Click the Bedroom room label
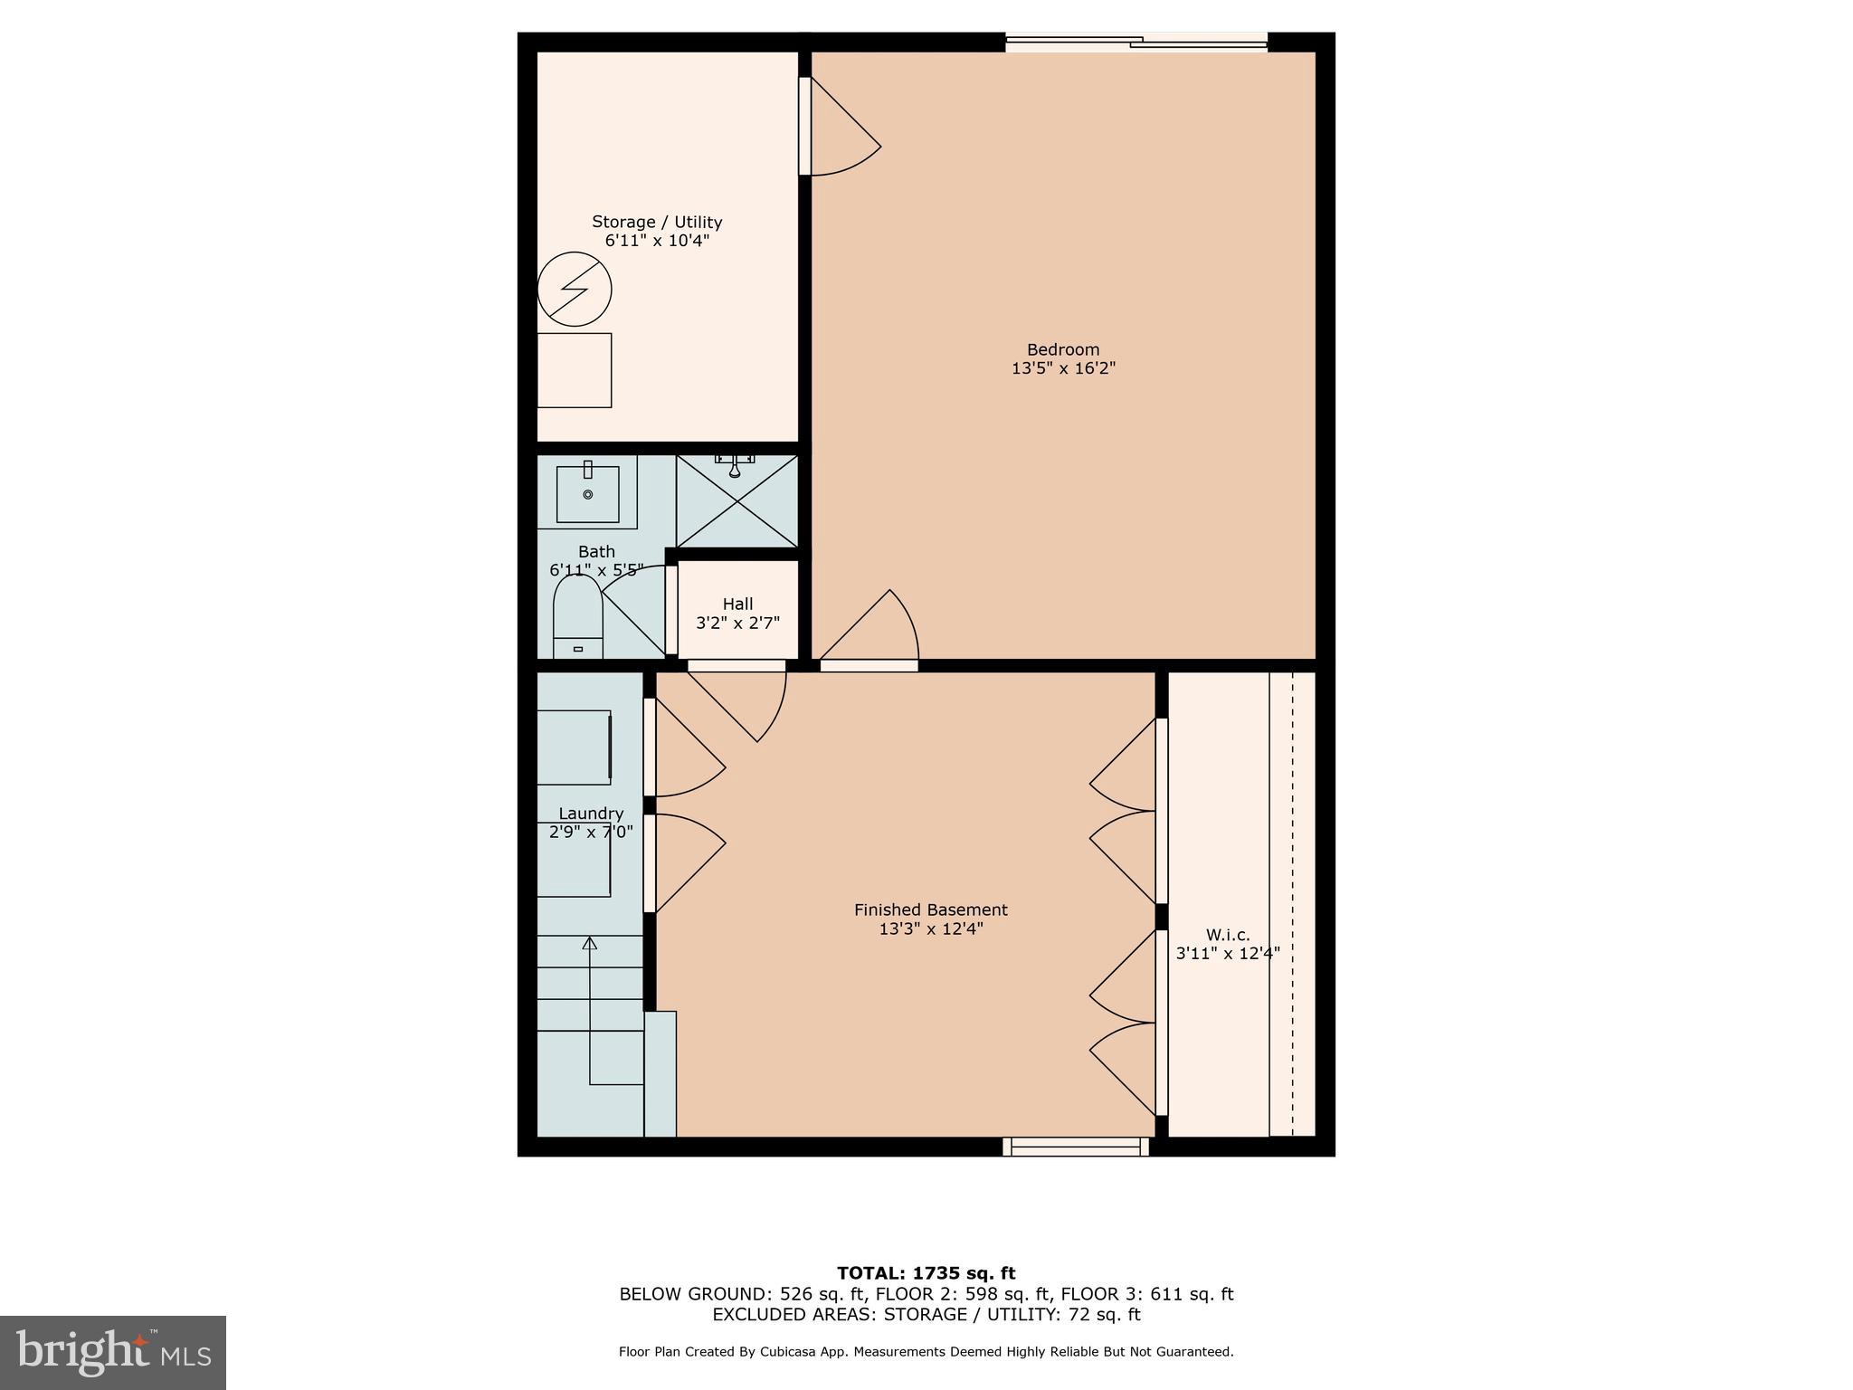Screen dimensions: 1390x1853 [1062, 349]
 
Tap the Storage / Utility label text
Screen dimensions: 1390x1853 [657, 222]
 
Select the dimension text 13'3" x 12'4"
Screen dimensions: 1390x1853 [930, 928]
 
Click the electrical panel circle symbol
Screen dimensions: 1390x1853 [575, 290]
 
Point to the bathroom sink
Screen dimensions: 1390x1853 [587, 493]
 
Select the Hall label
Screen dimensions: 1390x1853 [737, 604]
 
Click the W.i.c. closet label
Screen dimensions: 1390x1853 [1227, 935]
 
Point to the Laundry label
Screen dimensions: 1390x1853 [591, 814]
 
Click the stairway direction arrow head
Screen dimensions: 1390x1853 [590, 944]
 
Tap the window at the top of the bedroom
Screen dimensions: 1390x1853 [1136, 41]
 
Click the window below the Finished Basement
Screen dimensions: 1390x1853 [1075, 1147]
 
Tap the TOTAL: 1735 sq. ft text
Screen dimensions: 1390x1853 [926, 1273]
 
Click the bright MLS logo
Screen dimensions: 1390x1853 [113, 1352]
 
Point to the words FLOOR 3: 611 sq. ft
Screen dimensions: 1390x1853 [1146, 1294]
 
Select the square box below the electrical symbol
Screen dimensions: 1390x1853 [575, 370]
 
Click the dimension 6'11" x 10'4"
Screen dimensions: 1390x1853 [657, 241]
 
